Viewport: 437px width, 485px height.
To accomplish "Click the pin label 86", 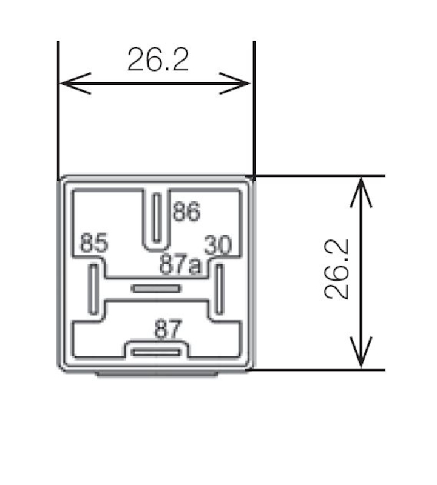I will (x=186, y=212).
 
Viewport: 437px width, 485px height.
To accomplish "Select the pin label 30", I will (x=218, y=246).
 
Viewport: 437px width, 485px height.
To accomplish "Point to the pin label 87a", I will (x=180, y=265).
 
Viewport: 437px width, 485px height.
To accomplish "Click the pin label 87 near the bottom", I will (x=168, y=330).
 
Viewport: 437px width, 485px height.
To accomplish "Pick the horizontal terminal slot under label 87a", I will (x=156, y=289).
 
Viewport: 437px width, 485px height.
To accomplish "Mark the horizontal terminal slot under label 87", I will (x=157, y=352).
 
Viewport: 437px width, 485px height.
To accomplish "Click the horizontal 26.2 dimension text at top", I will (x=158, y=59).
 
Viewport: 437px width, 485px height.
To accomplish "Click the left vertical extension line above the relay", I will (x=58, y=109).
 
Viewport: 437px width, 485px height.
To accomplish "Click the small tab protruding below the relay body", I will (x=156, y=374).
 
